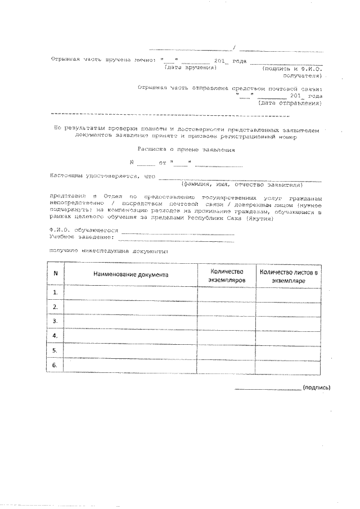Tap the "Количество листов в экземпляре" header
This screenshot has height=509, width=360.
pos(289,275)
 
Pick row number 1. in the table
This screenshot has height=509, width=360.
pos(55,293)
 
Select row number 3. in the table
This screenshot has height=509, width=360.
pos(55,321)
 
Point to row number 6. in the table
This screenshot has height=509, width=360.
pos(55,366)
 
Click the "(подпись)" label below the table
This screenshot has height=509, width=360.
pos(317,388)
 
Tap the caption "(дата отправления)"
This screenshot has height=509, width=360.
pos(290,103)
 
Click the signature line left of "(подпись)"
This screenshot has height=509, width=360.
pos(268,389)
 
